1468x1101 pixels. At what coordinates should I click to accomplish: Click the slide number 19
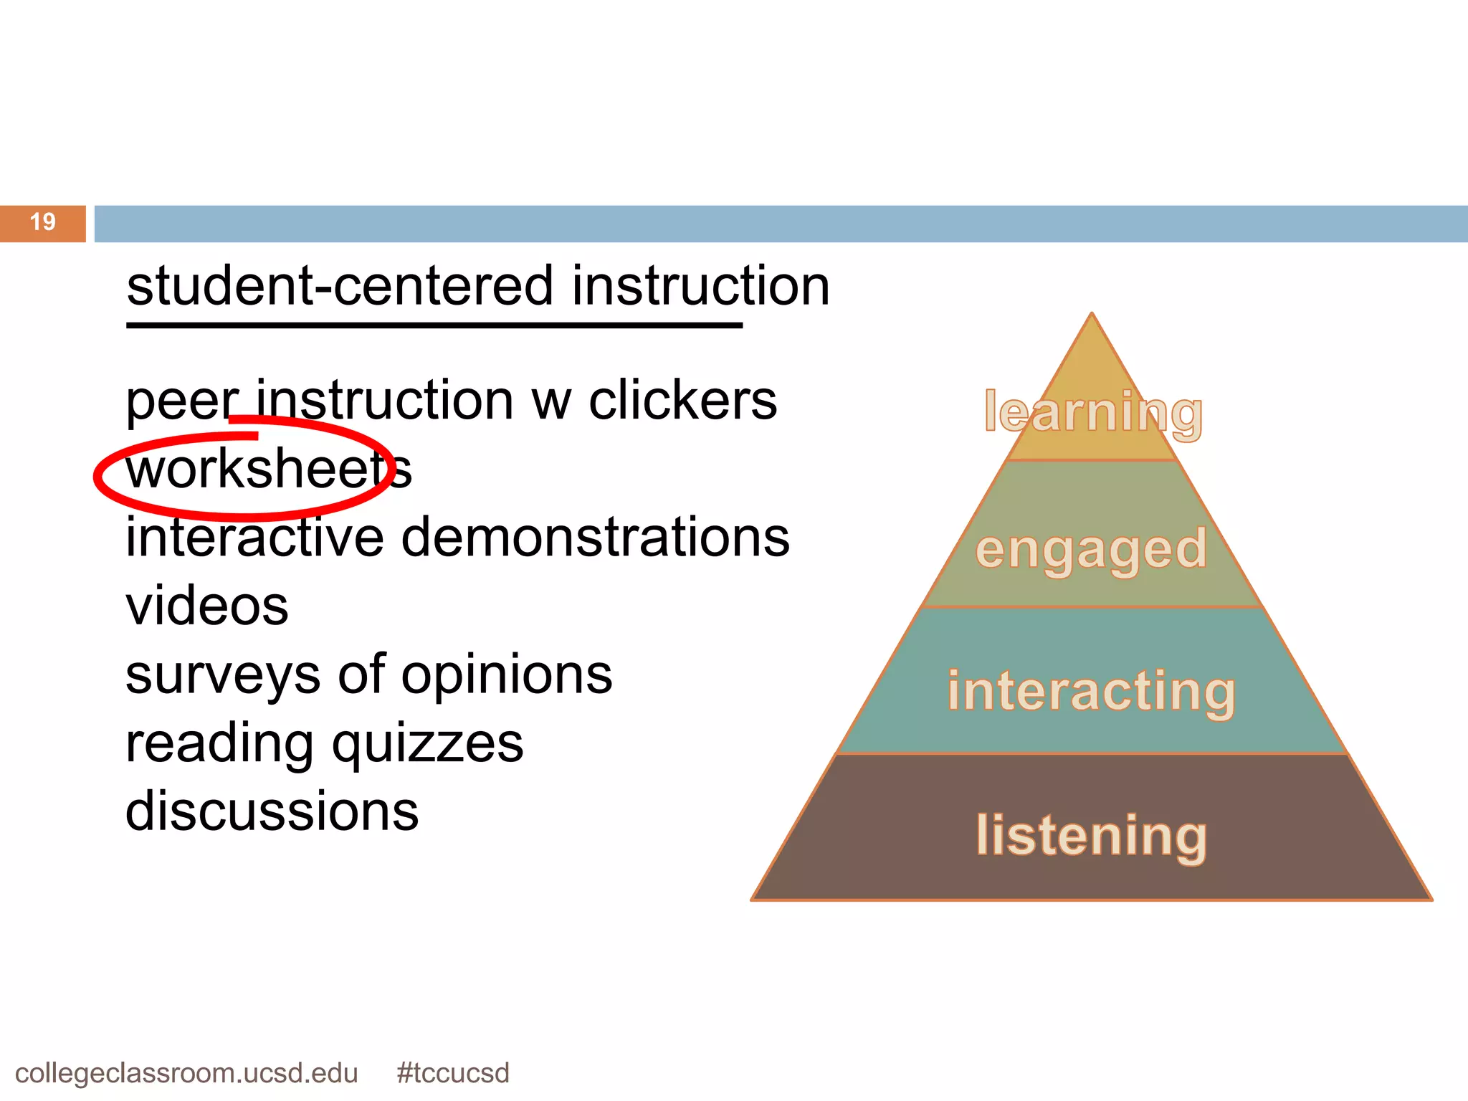click(43, 222)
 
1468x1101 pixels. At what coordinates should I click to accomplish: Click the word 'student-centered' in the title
click(340, 287)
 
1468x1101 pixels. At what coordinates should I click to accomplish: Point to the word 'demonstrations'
click(595, 538)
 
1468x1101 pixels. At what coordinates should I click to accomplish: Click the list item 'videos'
click(206, 606)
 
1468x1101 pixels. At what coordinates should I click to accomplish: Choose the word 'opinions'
click(507, 675)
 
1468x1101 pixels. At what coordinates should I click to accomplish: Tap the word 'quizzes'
click(427, 744)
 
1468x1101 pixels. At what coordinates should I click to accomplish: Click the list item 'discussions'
click(272, 812)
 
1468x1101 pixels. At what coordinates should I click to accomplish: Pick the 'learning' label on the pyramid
click(1093, 412)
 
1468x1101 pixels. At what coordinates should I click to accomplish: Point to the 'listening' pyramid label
click(1091, 836)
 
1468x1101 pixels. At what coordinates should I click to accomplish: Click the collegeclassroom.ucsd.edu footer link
click(186, 1073)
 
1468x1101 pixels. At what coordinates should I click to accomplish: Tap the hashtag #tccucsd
click(452, 1073)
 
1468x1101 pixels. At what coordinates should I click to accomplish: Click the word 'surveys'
click(223, 675)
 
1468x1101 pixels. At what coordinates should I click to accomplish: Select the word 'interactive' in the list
click(254, 538)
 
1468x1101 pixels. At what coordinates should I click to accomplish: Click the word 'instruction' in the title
click(700, 287)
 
